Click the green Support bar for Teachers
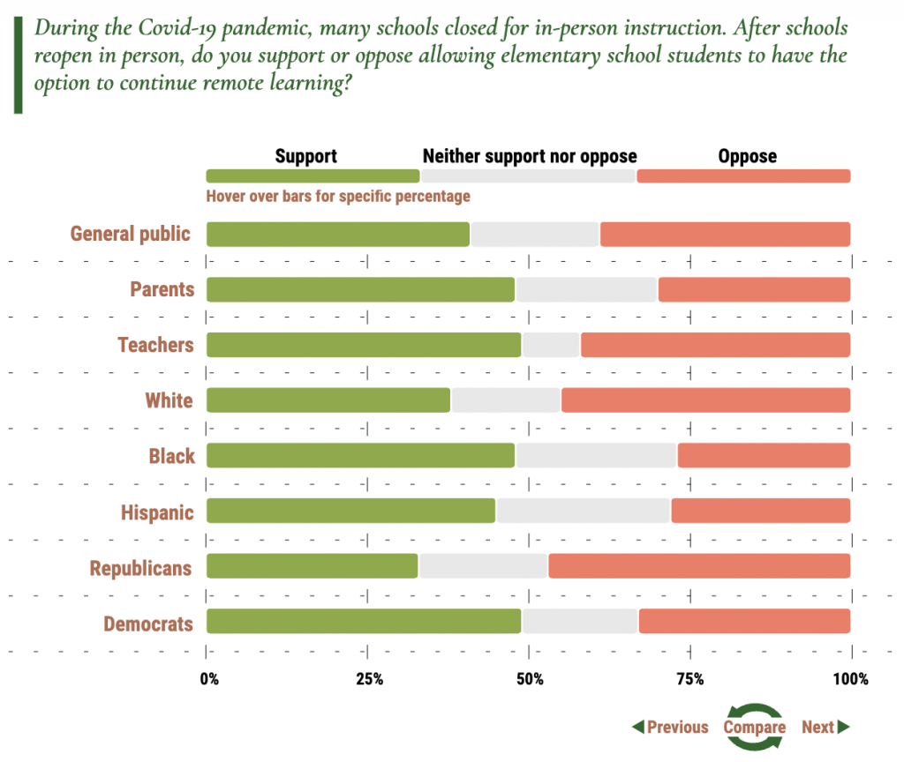point(364,345)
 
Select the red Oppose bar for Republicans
point(699,566)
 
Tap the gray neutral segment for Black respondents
point(597,455)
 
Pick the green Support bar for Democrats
point(364,622)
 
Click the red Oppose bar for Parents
point(754,289)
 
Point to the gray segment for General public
point(535,235)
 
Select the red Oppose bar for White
point(705,400)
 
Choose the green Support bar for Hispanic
point(351,511)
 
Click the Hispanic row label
point(158,512)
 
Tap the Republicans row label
point(140,568)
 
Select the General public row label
point(131,234)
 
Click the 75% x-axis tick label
point(689,679)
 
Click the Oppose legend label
point(747,157)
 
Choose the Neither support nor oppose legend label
point(530,157)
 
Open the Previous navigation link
point(670,727)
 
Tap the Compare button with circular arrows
point(754,727)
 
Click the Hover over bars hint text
point(338,196)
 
